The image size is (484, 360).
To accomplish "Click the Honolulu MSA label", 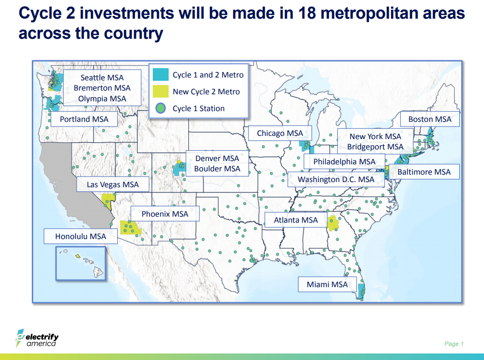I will pos(80,236).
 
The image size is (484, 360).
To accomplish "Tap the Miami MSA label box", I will pos(327,284).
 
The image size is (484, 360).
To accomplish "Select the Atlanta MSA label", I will pos(295,220).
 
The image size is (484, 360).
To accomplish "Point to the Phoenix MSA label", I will pos(165,214).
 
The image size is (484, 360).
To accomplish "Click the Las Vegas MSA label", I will pos(113,184).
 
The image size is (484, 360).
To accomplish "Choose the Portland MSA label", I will pos(84,119).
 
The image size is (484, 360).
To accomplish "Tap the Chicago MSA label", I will pos(280,133).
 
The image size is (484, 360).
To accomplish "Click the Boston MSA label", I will pos(430,119).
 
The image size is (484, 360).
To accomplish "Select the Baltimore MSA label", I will pos(424,172).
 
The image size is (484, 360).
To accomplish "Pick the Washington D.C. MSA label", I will pos(336,179).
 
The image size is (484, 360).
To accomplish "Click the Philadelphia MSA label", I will pos(344,162).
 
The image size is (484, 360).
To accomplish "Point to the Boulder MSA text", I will pos(217,169).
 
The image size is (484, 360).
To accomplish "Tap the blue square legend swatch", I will pos(161,75).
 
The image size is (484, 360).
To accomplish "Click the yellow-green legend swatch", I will pos(161,92).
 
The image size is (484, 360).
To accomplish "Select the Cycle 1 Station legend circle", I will pos(161,108).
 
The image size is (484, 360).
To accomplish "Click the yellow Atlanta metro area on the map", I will pos(333,224).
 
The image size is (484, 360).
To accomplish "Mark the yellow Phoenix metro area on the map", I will pos(130,227).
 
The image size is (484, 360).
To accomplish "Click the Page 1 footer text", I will pos(454,344).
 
